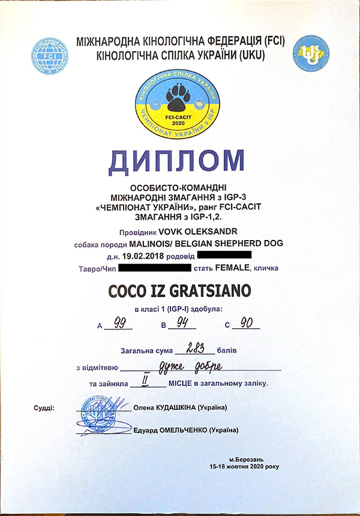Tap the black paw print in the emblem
(x=179, y=95)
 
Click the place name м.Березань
(x=245, y=458)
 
